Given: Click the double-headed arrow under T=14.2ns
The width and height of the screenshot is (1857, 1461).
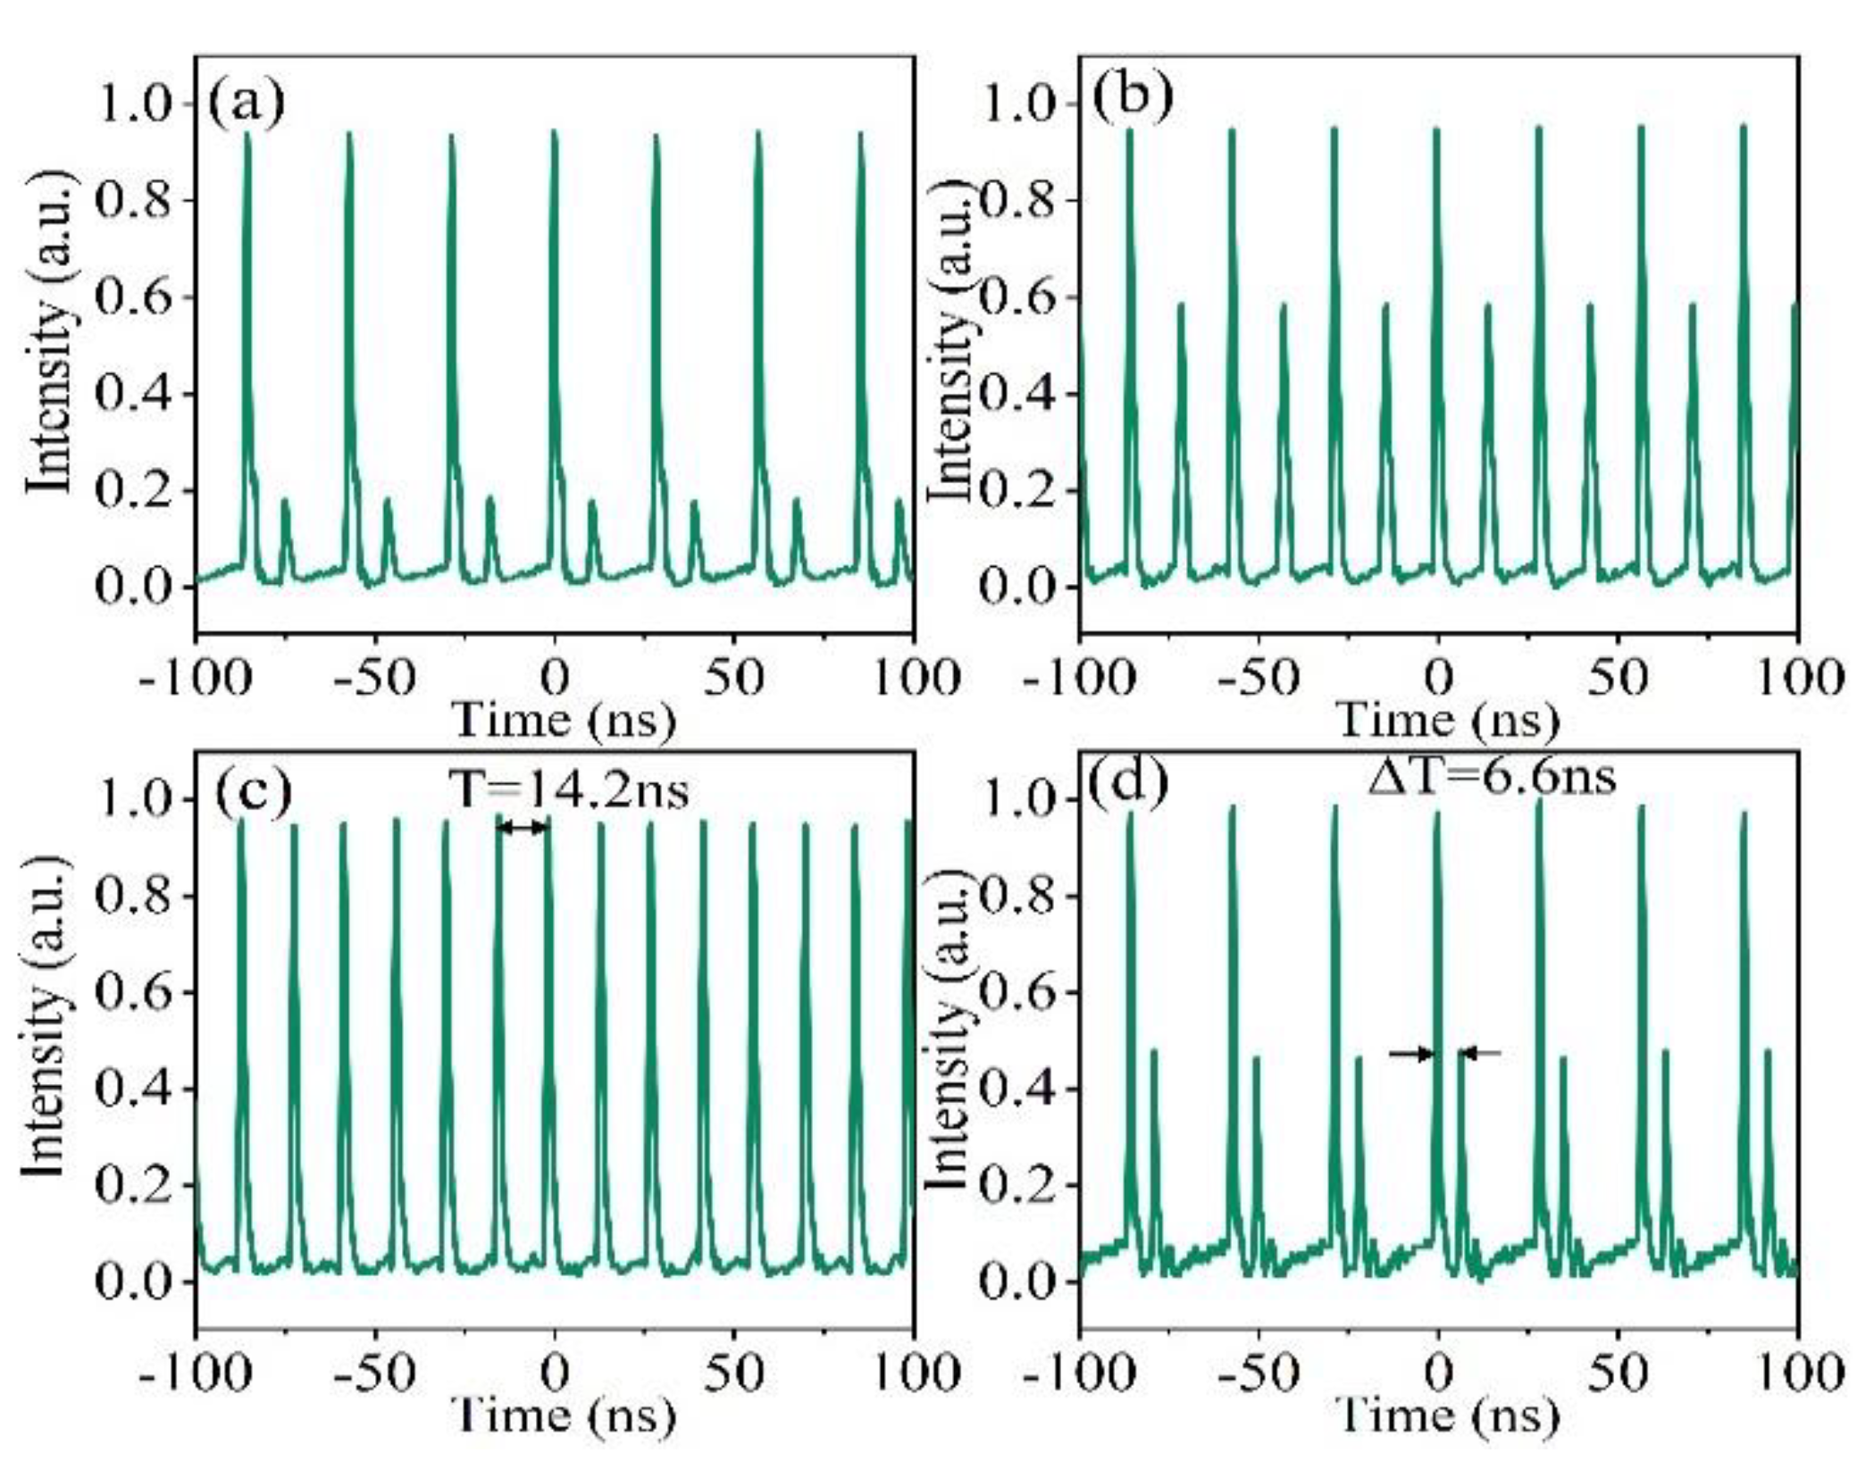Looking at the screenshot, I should (523, 828).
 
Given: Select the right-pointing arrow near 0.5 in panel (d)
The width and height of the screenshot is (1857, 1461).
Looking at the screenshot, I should (1411, 1054).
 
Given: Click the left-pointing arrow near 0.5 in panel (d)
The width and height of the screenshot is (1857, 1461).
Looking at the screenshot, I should (1479, 1054).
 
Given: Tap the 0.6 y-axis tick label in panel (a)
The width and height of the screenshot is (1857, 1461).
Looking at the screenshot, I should (132, 297).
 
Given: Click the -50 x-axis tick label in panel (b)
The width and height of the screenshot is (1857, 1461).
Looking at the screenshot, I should (1258, 680).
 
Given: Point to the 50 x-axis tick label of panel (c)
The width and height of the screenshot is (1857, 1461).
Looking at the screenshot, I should (733, 1373).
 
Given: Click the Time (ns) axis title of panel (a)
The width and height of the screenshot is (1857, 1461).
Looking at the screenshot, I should (563, 721).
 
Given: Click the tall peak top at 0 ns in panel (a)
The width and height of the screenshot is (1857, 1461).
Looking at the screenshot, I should (554, 132).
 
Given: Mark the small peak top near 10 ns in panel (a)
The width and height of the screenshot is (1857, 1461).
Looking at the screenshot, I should (592, 503).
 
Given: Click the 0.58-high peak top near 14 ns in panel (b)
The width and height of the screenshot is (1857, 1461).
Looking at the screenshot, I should (1488, 305).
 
